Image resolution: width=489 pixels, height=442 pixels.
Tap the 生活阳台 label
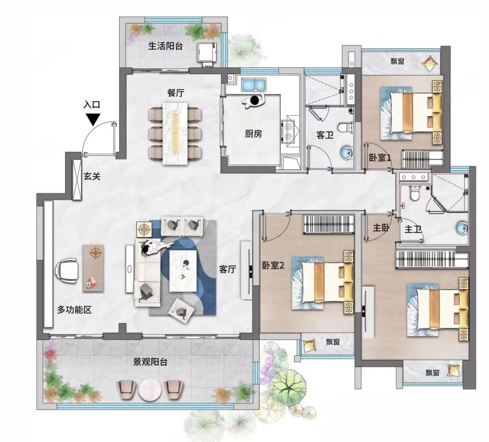pos(165,47)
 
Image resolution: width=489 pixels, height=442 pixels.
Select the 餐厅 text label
pos(175,93)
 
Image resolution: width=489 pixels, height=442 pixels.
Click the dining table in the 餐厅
pos(175,132)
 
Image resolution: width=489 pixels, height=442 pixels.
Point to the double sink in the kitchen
pos(254,84)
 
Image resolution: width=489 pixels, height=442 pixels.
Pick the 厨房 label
pos(253,134)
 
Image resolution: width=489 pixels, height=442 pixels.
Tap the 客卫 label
pos(324,135)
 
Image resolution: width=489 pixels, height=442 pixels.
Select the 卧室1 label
pos(380,158)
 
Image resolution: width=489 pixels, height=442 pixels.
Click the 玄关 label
pos(92,177)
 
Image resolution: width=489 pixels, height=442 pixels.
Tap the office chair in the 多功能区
pos(67,270)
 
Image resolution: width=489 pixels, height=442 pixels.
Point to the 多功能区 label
pos(74,310)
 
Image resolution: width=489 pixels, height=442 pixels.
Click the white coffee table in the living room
pos(183,270)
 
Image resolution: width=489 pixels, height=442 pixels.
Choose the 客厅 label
pos(227,269)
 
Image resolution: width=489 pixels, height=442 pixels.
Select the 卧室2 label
pos(273,265)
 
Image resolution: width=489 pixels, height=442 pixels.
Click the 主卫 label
pos(413,229)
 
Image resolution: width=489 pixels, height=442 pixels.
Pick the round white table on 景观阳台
pos(150,390)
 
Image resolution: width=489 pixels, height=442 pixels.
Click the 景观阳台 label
pos(150,362)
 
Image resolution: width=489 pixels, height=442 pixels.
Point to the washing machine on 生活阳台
pos(207,53)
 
